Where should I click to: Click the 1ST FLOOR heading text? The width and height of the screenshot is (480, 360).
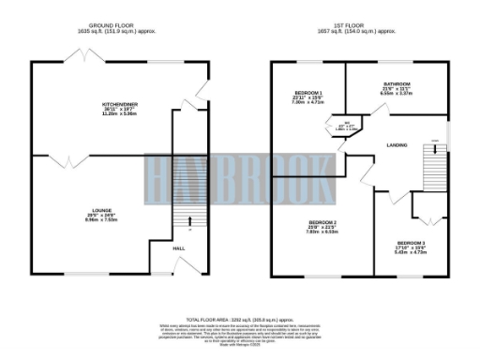[360, 26]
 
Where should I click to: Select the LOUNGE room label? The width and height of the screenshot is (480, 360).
[102, 211]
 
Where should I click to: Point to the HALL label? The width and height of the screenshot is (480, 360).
[178, 248]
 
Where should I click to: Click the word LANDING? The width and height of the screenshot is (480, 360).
[396, 144]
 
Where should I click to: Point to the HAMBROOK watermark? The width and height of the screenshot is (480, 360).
[240, 174]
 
